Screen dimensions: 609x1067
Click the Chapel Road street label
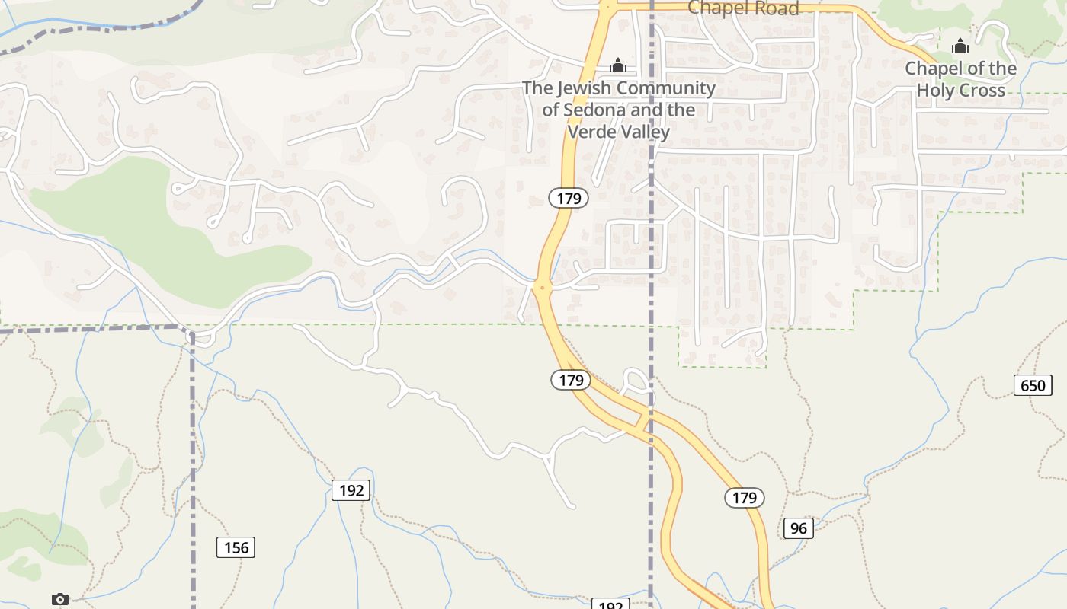click(x=743, y=8)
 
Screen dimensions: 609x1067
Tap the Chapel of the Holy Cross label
click(x=960, y=79)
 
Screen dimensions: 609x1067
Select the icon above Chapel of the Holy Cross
click(x=960, y=46)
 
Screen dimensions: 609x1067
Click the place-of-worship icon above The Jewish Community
click(x=618, y=65)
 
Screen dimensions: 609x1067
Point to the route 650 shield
click(x=1033, y=385)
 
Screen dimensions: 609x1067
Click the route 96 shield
click(x=798, y=528)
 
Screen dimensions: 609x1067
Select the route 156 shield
click(x=236, y=547)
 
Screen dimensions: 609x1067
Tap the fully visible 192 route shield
click(x=351, y=490)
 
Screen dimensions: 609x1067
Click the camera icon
click(x=60, y=600)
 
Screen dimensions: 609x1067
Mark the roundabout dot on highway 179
click(x=542, y=287)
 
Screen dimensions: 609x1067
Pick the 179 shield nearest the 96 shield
click(x=744, y=498)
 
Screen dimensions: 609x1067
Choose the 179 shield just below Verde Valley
click(x=569, y=199)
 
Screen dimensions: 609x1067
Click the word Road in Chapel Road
click(x=773, y=8)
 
